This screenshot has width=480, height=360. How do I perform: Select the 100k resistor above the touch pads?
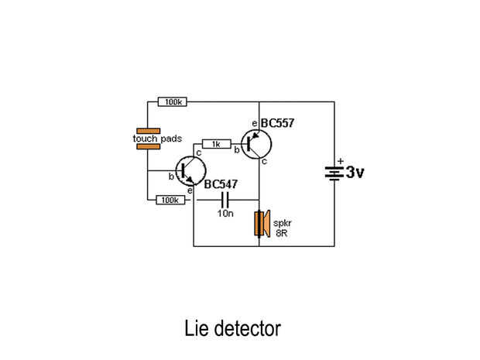170,102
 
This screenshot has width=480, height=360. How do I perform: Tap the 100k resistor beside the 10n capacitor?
169,200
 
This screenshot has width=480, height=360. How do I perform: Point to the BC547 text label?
221,184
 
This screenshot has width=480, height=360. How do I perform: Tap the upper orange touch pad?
147,131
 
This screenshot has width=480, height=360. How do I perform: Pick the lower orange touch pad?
147,146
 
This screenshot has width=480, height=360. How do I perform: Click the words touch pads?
158,139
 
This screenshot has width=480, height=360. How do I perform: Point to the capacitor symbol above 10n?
225,200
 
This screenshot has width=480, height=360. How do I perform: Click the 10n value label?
225,213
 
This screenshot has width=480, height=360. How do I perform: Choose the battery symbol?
334,173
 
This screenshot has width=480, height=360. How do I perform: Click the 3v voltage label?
354,173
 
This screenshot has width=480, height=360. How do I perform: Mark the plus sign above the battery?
339,161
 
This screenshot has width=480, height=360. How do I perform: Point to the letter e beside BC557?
254,124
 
